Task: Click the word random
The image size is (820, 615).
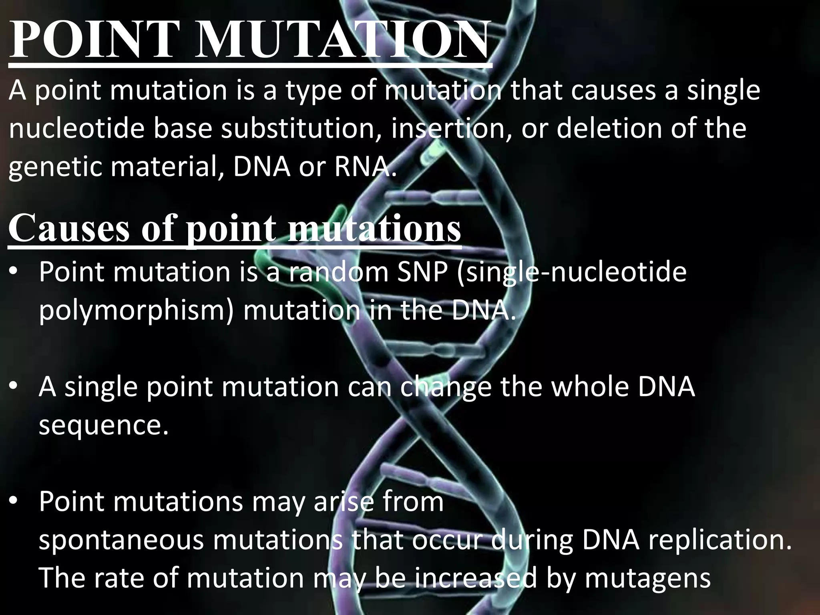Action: point(338,271)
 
